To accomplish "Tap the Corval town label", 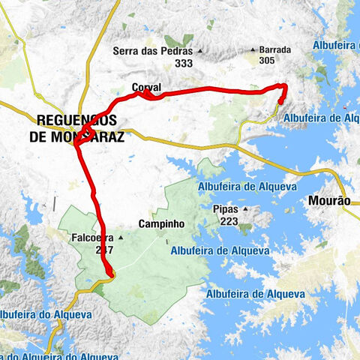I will pos(146,88).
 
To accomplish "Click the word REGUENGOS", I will pos(76,119).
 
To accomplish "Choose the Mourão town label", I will pos(329,201).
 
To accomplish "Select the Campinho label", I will pos(161,223).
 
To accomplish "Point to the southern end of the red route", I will pos(111,275).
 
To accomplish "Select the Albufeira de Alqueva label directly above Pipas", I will pos(248,187).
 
